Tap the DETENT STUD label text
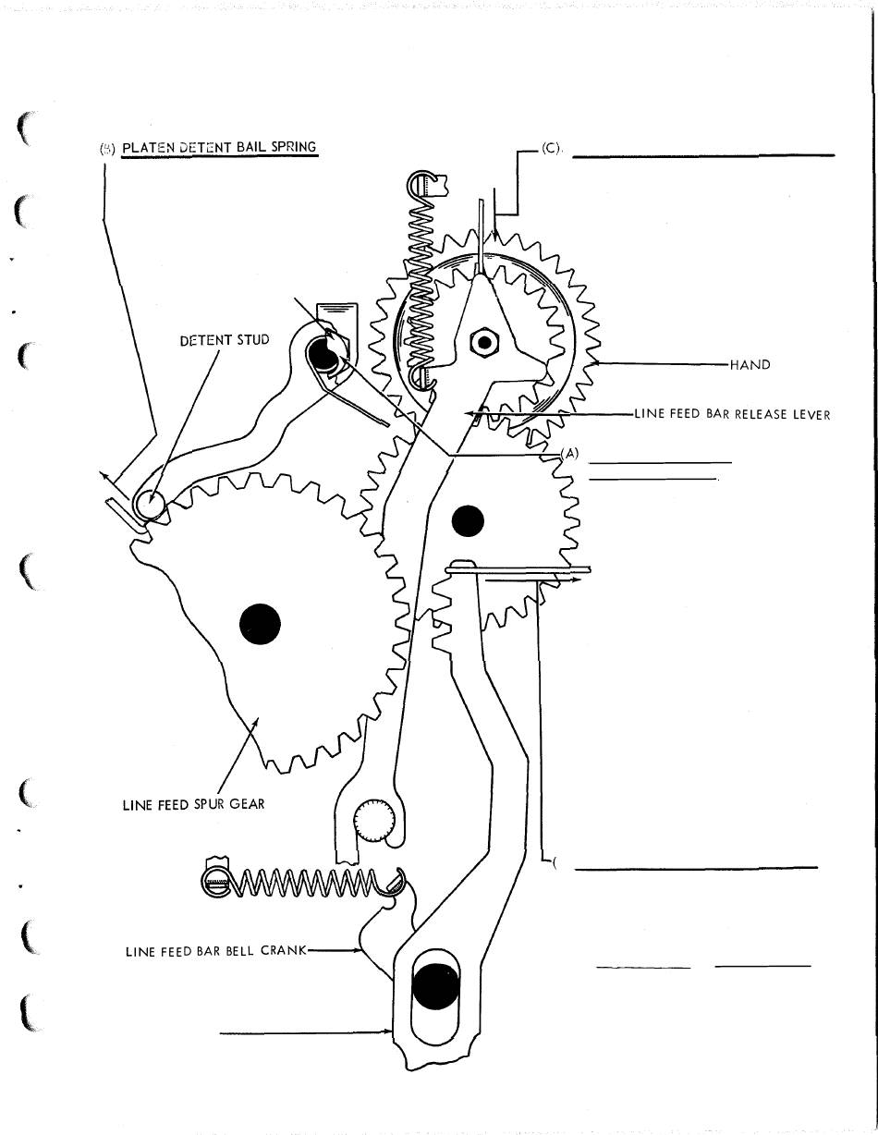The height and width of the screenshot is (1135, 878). coord(225,340)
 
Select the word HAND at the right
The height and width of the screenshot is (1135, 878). coord(750,365)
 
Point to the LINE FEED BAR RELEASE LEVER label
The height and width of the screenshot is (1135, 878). coord(732,414)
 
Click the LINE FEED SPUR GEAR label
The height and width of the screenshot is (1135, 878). coord(193,804)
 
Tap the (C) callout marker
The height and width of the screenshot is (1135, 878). coord(553,148)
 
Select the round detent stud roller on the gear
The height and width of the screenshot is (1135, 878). coord(148,504)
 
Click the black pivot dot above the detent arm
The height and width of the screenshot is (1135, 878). coord(323,352)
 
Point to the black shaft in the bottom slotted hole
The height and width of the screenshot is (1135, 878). coord(433,987)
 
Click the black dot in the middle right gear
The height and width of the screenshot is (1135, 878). coord(468,521)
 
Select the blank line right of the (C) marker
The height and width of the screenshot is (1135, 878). coord(702,156)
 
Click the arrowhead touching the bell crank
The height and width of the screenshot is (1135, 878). coord(359,950)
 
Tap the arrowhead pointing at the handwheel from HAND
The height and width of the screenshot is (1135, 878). coord(591,364)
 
